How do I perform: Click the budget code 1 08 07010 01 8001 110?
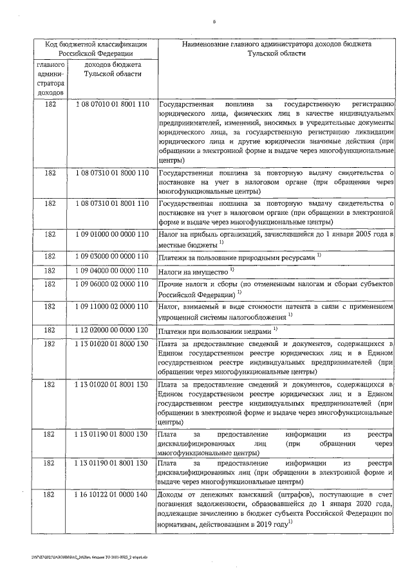112,104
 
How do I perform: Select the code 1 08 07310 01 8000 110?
112,173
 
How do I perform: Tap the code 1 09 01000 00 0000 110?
112,237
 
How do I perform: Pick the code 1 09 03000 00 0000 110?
112,256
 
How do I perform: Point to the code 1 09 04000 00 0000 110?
112,271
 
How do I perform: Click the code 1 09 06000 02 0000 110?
112,285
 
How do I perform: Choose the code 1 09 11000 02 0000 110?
112,309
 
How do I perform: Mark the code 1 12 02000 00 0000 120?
112,331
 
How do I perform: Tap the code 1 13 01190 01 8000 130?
112,435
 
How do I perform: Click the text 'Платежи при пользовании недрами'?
216,331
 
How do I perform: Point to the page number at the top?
214,23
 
